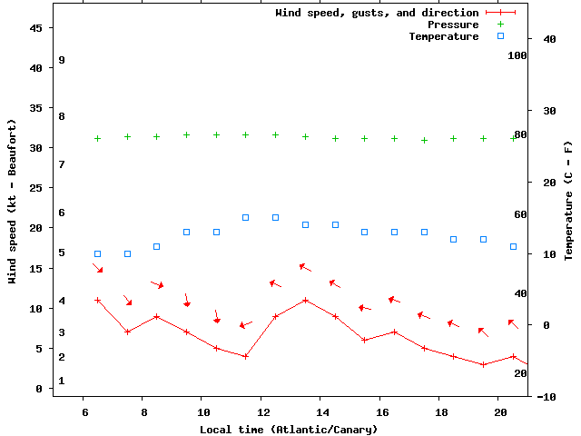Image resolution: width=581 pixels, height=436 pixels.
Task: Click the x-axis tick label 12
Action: pyautogui.click(x=261, y=411)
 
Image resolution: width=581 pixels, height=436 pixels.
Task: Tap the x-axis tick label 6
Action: pyautogui.click(x=84, y=411)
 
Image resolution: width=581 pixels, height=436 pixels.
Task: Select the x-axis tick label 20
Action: pyautogui.click(x=499, y=411)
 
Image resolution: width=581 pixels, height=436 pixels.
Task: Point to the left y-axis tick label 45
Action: pyautogui.click(x=37, y=28)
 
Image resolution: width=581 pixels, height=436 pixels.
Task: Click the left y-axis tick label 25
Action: pyautogui.click(x=37, y=188)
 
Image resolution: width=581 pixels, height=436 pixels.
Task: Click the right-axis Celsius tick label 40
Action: pyautogui.click(x=549, y=39)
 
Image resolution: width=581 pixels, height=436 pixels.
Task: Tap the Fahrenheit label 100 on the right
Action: pyautogui.click(x=517, y=55)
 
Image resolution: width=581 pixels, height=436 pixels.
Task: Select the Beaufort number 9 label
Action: pyautogui.click(x=62, y=60)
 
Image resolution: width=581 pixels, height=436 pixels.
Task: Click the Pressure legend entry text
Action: pyautogui.click(x=453, y=25)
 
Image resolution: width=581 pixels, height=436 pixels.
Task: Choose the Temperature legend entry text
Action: pyautogui.click(x=443, y=36)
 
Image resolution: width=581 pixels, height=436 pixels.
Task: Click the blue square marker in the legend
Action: pyautogui.click(x=500, y=36)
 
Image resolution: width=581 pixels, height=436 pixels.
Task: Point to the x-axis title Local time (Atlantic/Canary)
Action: pyautogui.click(x=289, y=429)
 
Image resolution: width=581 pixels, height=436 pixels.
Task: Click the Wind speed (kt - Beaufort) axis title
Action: pyautogui.click(x=13, y=202)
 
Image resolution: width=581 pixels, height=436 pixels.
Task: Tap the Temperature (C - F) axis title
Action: pyautogui.click(x=568, y=202)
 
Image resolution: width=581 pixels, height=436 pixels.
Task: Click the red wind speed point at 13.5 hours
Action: pyautogui.click(x=306, y=300)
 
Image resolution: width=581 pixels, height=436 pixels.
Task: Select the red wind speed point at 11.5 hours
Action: pyautogui.click(x=246, y=356)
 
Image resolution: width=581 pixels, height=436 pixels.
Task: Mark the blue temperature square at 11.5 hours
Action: pyautogui.click(x=246, y=217)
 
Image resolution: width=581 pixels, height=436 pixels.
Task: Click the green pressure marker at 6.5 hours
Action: pyautogui.click(x=98, y=138)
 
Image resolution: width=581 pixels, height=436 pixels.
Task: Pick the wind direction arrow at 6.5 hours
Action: pyautogui.click(x=98, y=268)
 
